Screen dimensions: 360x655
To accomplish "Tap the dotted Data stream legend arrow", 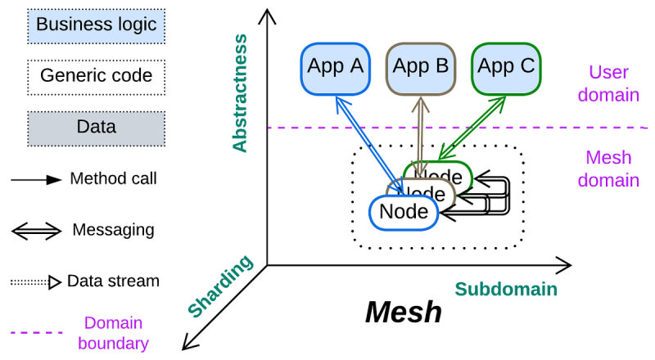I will (36, 282).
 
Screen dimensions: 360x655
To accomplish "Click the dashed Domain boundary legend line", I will (36, 333).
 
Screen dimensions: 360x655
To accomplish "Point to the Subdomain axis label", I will (506, 288).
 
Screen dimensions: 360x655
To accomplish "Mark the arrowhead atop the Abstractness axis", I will (267, 16).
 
